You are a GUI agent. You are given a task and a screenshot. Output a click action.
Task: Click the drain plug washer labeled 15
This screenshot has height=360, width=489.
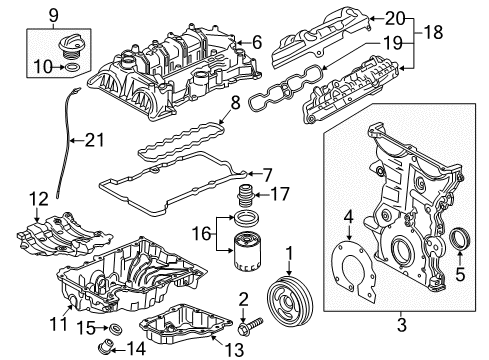pyautogui.click(x=116, y=328)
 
